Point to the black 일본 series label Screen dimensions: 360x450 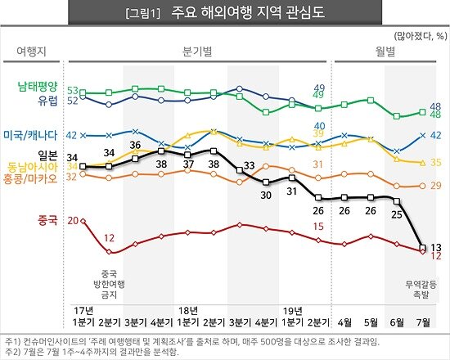click(x=47, y=155)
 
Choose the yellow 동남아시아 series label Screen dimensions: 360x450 click(x=37, y=166)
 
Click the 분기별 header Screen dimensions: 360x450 click(x=196, y=51)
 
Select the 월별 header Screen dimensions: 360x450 click(x=385, y=51)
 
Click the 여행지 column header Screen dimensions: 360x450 click(x=30, y=51)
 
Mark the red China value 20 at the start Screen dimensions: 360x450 click(x=73, y=221)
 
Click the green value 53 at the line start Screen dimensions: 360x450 click(x=73, y=90)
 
